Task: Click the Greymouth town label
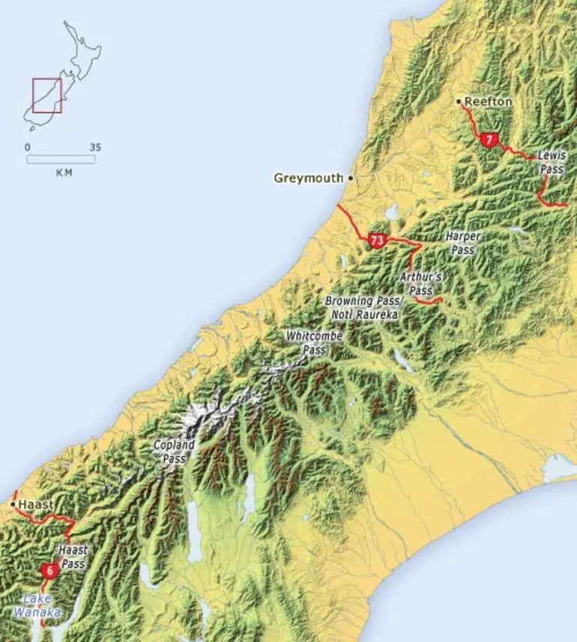click(x=308, y=178)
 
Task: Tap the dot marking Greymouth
click(x=350, y=178)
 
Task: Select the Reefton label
click(x=488, y=101)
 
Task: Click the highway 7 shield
click(x=489, y=139)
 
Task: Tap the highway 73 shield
click(x=377, y=240)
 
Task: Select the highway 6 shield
click(x=49, y=571)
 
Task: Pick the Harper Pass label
click(x=462, y=242)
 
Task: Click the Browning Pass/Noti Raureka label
click(x=364, y=307)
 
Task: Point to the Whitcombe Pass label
click(x=314, y=343)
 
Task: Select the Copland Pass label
click(x=174, y=451)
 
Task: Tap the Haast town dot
click(x=13, y=505)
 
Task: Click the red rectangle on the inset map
click(x=46, y=95)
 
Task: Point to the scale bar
click(x=61, y=159)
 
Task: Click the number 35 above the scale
click(x=94, y=147)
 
